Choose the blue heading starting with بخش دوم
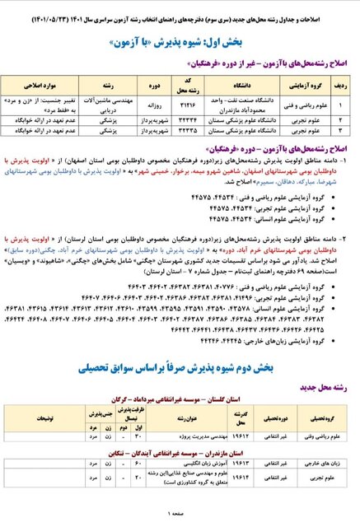point(180,349)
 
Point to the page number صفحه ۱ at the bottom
point(180,515)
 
